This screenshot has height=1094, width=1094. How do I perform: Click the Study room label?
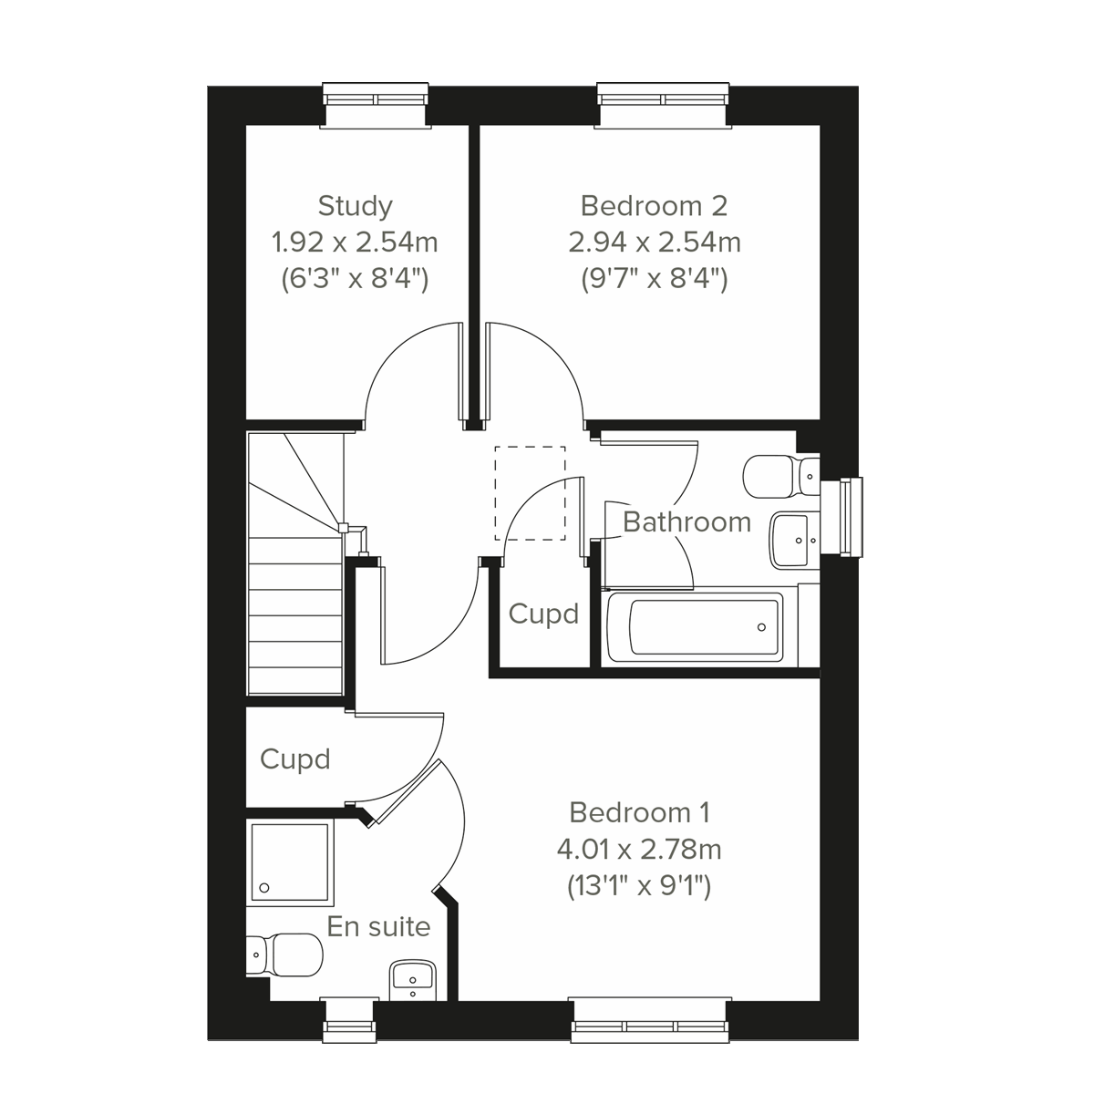tap(355, 206)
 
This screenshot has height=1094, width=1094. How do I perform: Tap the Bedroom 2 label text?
tap(654, 206)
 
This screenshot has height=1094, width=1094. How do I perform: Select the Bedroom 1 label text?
tap(639, 811)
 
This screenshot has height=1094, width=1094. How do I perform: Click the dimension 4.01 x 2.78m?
tap(639, 850)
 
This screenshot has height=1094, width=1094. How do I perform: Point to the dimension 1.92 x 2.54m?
tap(355, 243)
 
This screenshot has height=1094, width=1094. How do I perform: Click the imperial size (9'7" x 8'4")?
tap(654, 279)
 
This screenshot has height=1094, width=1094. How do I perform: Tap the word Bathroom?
tap(686, 522)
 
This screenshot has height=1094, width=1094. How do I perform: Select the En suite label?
tap(378, 927)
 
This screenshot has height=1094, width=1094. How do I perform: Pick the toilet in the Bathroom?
tap(779, 475)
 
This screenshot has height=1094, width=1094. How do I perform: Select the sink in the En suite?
tap(415, 981)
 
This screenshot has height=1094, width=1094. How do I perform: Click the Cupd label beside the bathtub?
tap(543, 614)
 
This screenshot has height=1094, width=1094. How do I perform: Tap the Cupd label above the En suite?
tap(294, 759)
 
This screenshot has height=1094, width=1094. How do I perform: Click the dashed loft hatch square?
tap(530, 493)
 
